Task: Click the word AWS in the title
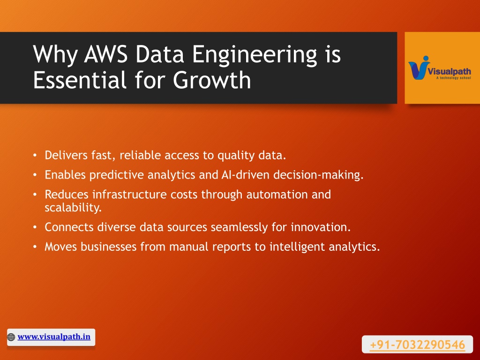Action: pyautogui.click(x=105, y=54)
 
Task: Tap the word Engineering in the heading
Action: pyautogui.click(x=255, y=56)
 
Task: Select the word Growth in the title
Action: pyautogui.click(x=212, y=80)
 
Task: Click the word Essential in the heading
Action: pyautogui.click(x=80, y=80)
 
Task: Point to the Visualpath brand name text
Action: pyautogui.click(x=449, y=72)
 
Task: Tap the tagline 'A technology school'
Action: pyautogui.click(x=453, y=78)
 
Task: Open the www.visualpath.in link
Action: pyautogui.click(x=54, y=337)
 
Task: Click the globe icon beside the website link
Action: pyautogui.click(x=11, y=337)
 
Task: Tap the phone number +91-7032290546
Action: pyautogui.click(x=417, y=345)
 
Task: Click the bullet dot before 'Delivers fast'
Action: pyautogui.click(x=35, y=156)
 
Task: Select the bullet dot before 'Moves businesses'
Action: pyautogui.click(x=35, y=247)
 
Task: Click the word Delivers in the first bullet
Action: pyautogui.click(x=66, y=155)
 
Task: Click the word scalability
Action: pyautogui.click(x=73, y=208)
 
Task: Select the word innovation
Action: pyautogui.click(x=321, y=227)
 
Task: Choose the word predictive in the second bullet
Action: pyautogui.click(x=117, y=175)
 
